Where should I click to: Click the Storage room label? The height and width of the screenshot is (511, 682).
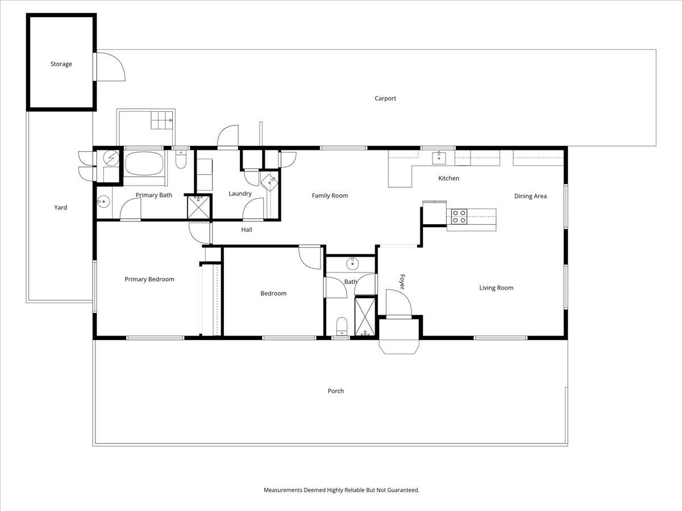coord(61,64)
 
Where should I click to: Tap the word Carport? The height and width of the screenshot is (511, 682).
coord(385,98)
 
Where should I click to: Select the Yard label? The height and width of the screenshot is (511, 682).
coord(60,208)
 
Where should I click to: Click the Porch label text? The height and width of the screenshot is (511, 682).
coord(335,391)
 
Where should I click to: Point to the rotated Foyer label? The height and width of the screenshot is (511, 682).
coord(402,282)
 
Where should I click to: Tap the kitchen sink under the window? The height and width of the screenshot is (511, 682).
coord(439,158)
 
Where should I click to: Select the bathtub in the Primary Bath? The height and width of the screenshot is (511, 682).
coord(144,163)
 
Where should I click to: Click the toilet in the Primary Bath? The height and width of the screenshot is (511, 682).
coord(181,159)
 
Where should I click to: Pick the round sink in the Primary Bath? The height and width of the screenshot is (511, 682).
coord(103,202)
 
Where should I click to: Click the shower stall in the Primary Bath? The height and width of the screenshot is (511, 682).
coord(198,207)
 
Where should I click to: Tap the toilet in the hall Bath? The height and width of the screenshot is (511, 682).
coord(342,326)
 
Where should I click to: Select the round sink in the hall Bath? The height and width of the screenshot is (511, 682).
coord(353,263)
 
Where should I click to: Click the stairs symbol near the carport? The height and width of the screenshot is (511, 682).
coord(162,120)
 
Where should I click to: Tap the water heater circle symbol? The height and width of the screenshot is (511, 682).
coord(111,158)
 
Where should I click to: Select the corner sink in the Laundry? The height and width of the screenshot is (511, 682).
coord(269,182)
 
